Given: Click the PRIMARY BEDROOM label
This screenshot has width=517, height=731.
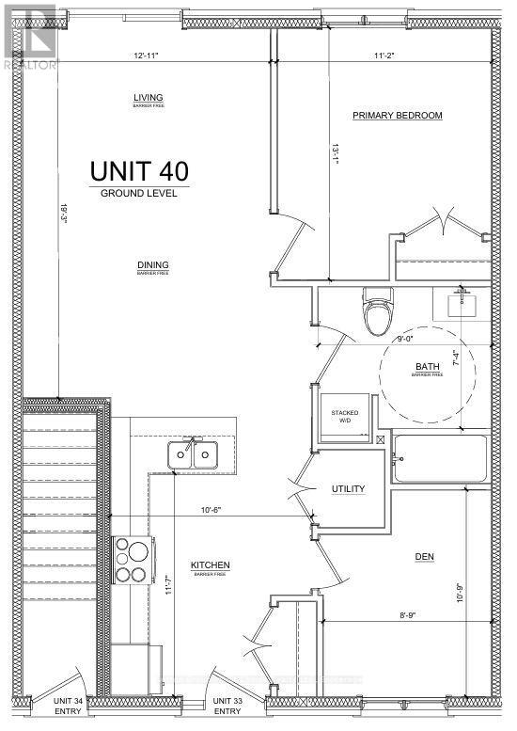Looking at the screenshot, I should tap(397, 116).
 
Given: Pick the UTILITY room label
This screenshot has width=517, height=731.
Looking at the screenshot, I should tap(347, 489).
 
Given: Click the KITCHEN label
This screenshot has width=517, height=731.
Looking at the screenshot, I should tap(211, 564).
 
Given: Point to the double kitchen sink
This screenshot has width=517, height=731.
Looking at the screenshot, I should tap(193, 455).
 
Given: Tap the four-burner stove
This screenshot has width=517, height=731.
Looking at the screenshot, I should tap(128, 560).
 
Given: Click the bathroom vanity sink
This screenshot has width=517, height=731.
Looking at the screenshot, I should tap(461, 304).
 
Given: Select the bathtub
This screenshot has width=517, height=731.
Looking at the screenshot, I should tap(440, 459).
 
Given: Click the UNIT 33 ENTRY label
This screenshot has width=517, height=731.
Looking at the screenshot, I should tap(227, 706).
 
